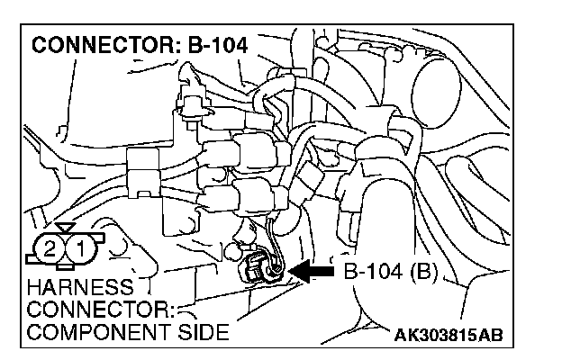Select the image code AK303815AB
coord(449,336)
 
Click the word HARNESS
coord(80,289)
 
